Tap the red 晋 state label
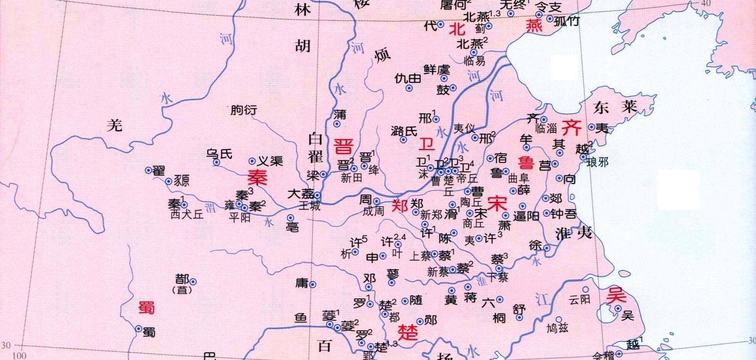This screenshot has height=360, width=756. (x=343, y=147)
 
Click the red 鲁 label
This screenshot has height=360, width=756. (x=526, y=162)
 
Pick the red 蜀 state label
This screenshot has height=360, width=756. (x=147, y=308)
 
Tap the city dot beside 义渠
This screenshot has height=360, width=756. (x=252, y=161)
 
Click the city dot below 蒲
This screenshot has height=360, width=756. (x=337, y=124)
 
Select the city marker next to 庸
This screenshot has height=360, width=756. (x=313, y=285)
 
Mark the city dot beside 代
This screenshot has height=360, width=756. (x=441, y=25)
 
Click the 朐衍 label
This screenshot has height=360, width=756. (x=243, y=110)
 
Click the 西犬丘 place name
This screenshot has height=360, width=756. (x=187, y=214)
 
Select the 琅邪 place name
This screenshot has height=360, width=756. (x=597, y=162)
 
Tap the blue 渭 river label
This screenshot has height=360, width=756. (x=210, y=208)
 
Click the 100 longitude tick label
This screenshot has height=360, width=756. (x=19, y=355)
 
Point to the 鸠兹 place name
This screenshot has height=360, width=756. (x=558, y=328)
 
